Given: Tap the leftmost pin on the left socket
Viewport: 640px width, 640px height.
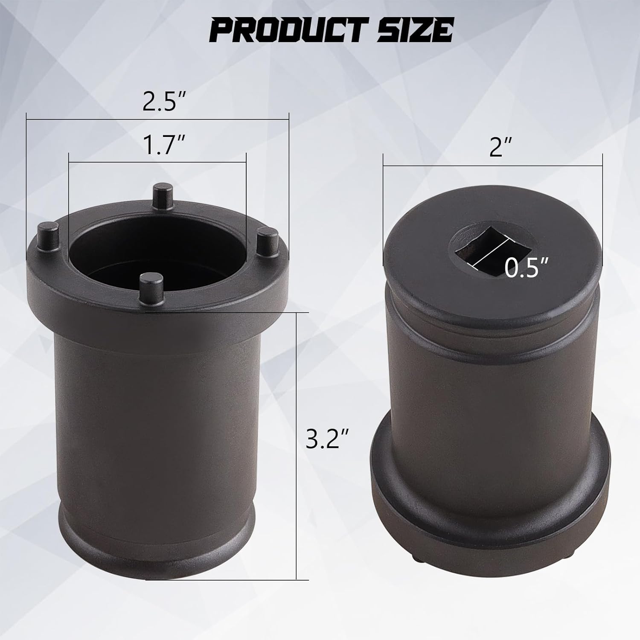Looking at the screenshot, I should tap(47, 233).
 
